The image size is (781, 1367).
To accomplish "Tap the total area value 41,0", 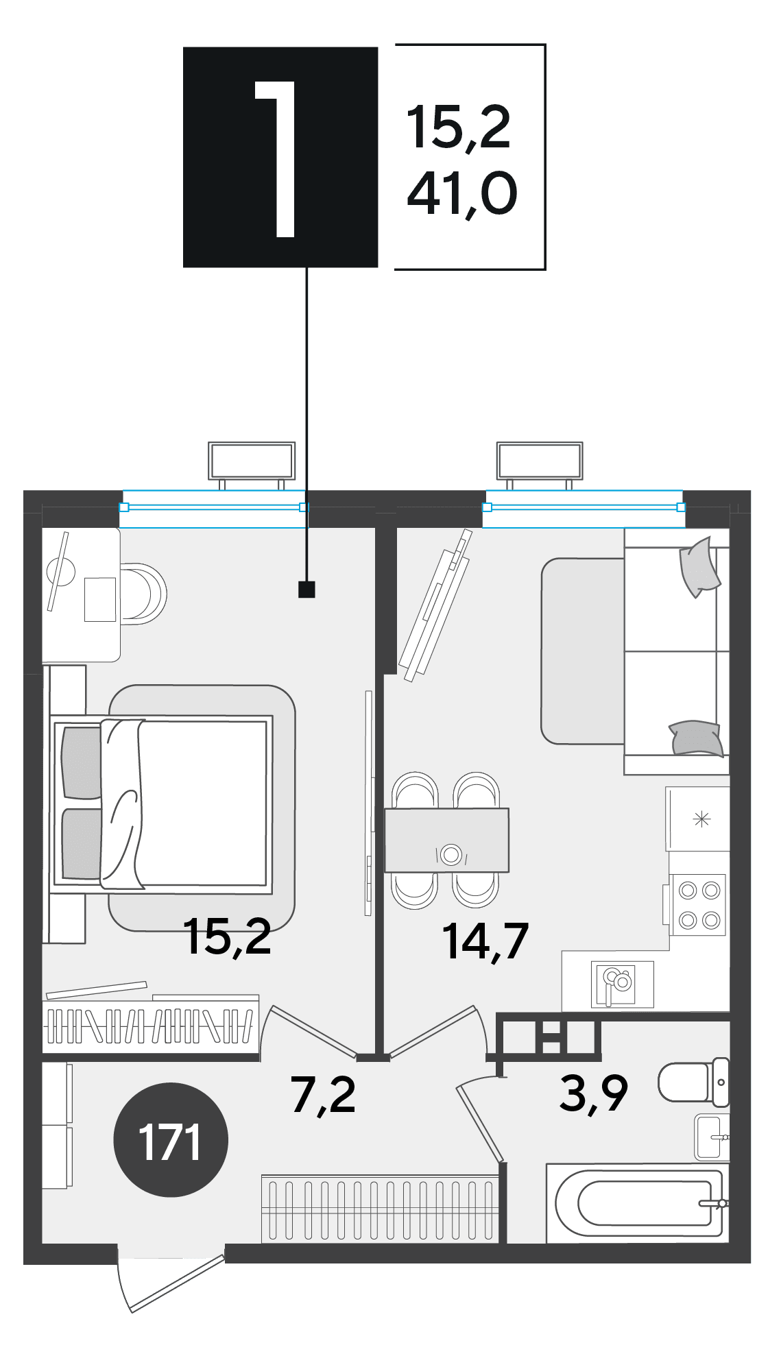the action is pos(461,195).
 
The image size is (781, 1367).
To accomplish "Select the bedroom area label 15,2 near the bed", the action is pos(228,937).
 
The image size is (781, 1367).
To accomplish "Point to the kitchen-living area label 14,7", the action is pos(485,941).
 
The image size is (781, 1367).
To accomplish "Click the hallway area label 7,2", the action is pos(323,1095).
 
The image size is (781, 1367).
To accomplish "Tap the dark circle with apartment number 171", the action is pos(170,1140).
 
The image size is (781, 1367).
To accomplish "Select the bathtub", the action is pos(638,1203).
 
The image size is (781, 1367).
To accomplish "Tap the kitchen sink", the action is pos(623,984).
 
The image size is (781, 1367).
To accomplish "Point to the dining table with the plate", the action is pos(447,840).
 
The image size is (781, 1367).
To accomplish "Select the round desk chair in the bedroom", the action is pos(143,594).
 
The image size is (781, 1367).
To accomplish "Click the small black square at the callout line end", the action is pos(307,589).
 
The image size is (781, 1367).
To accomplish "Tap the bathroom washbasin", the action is pos(712,1137).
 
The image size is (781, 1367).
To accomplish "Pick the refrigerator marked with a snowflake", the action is pos(698,819).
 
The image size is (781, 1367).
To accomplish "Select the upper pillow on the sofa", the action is pos(699,567).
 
